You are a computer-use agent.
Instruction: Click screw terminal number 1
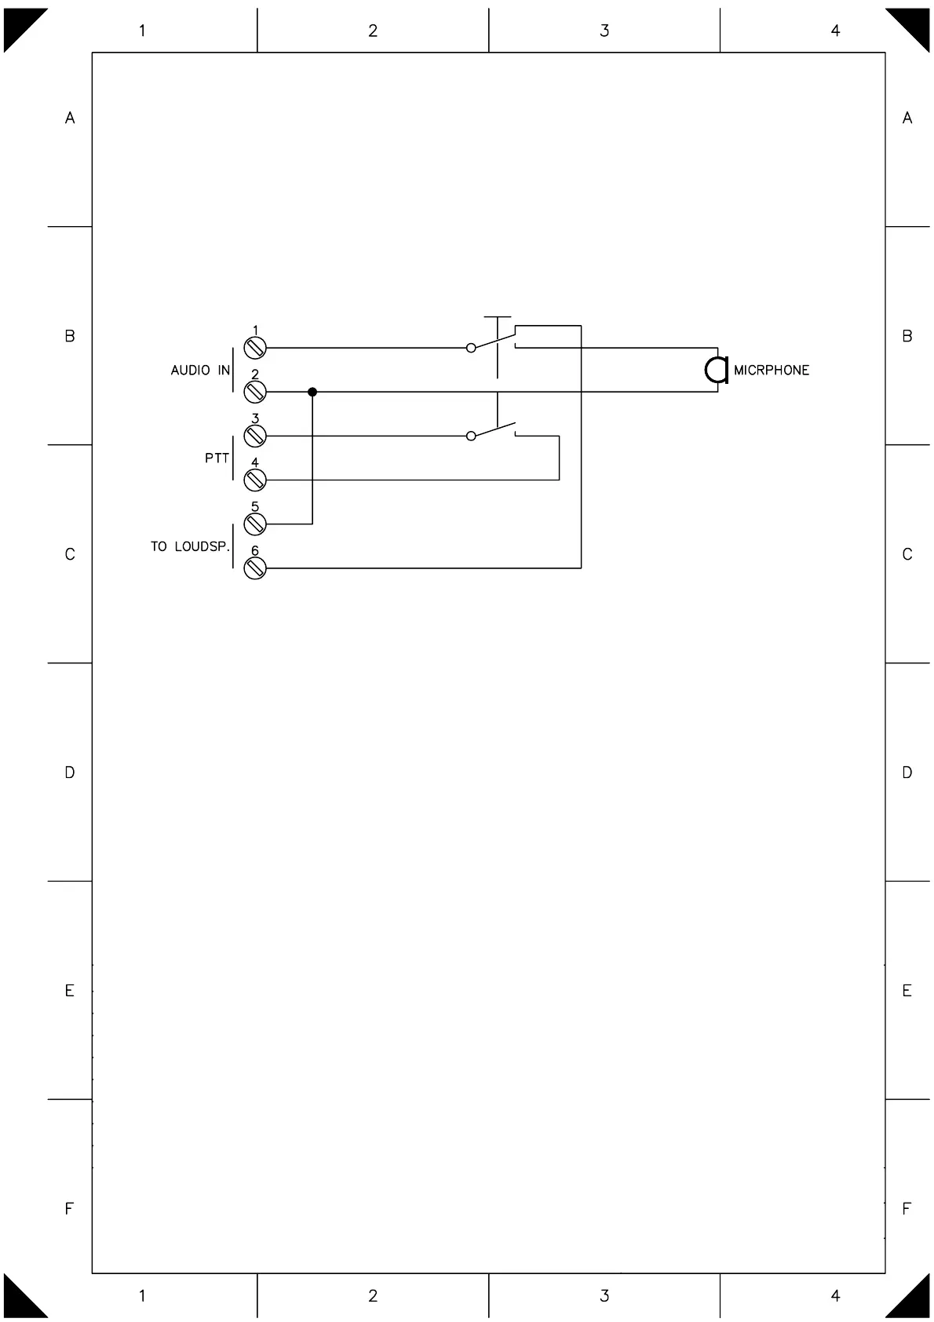pos(255,348)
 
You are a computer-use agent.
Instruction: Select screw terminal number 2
pos(255,392)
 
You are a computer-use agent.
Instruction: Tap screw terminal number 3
pos(255,436)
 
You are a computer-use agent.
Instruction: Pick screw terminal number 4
pos(255,480)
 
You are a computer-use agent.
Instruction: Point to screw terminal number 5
pos(255,524)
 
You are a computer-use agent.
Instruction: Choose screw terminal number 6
pos(255,568)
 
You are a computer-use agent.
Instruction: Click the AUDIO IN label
pos(200,371)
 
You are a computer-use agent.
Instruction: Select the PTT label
pos(217,458)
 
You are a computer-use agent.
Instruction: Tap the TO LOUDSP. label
pos(190,546)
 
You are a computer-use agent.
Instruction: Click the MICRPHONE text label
pos(771,371)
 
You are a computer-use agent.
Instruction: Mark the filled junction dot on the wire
pos(312,392)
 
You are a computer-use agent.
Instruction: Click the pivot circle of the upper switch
pos(471,348)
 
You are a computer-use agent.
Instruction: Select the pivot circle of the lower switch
pos(471,436)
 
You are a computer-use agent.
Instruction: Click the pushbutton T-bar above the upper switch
pos(497,318)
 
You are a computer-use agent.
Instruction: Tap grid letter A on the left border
pos(70,119)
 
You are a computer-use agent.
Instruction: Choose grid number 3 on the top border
pos(604,31)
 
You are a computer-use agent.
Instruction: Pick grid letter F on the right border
pos(907,1209)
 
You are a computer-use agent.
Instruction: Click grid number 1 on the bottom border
pos(142,1296)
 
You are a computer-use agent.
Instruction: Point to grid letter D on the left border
pos(70,773)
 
